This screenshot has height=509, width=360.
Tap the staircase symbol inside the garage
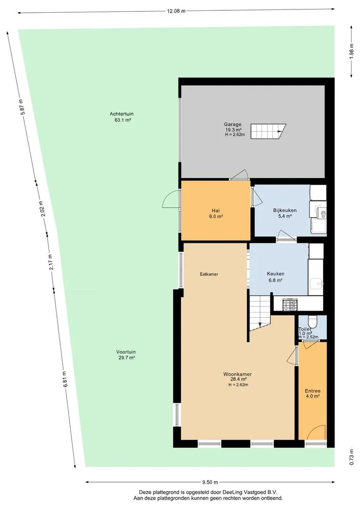[x=268, y=131]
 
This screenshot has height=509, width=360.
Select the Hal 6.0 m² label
[x=216, y=213]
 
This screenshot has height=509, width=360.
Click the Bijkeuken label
[x=285, y=210]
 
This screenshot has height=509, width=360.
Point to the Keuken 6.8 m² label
[x=276, y=277]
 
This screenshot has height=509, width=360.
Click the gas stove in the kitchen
[x=290, y=305]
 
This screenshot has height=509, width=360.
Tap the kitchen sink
[x=316, y=284]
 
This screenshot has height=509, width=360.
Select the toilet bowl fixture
[x=312, y=322]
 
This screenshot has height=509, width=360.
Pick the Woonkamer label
[x=237, y=374]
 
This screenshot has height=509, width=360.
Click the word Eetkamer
[x=209, y=274]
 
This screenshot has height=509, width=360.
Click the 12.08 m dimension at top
[x=176, y=11]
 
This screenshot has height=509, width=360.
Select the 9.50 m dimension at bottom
[x=210, y=482]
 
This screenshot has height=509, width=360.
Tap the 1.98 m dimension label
[x=351, y=51]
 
